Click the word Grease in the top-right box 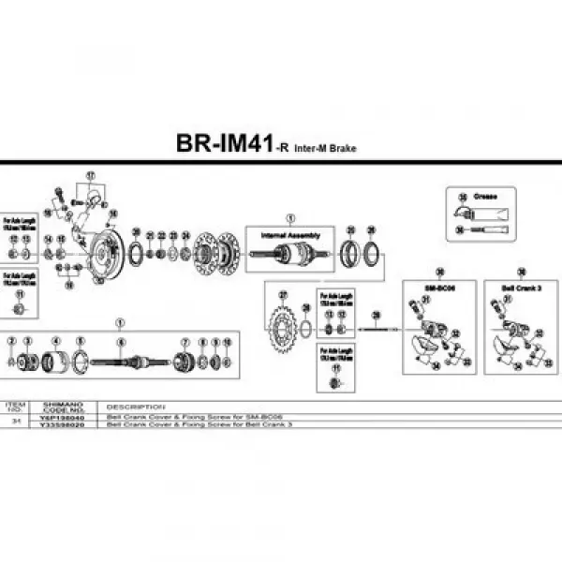[x=486, y=198]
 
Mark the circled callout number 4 [x=56, y=341]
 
